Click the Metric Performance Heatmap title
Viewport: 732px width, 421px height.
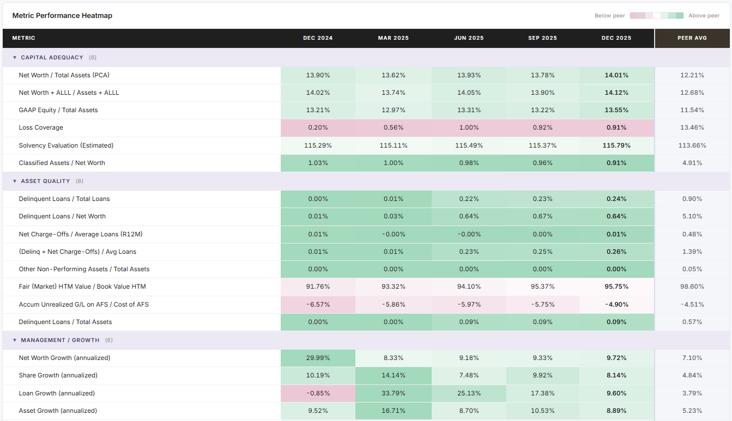[x=62, y=16]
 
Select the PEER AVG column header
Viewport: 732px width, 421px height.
[x=692, y=38]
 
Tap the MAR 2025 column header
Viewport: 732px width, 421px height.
[x=393, y=38]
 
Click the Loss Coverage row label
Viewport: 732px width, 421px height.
[x=41, y=127]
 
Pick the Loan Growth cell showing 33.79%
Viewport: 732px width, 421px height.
[x=393, y=393]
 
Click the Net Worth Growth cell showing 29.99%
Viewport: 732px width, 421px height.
[x=318, y=358]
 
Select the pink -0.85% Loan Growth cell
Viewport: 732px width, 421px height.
[x=318, y=393]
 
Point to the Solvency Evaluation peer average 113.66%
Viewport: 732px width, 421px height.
[x=692, y=145]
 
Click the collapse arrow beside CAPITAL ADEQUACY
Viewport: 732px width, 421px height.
[x=15, y=58]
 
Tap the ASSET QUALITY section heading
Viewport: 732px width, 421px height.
[x=45, y=181]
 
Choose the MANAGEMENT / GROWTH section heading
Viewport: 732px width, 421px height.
[x=60, y=340]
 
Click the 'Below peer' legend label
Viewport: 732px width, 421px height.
[x=609, y=16]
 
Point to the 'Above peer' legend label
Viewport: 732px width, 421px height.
[x=704, y=16]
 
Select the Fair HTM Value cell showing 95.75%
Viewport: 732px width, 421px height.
[x=616, y=286]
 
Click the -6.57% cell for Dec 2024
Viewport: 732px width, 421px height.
[x=318, y=304]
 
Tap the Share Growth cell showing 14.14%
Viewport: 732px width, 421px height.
[x=393, y=375]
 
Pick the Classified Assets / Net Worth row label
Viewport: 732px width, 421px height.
[x=62, y=163]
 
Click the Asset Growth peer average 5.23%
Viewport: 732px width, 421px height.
[x=692, y=411]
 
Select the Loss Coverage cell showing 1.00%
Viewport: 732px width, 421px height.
[x=468, y=127]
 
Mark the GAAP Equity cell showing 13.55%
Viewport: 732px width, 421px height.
[x=616, y=110]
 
